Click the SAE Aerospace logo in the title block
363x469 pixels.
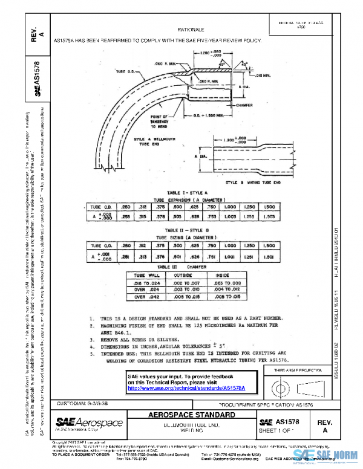coord(89,422)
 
